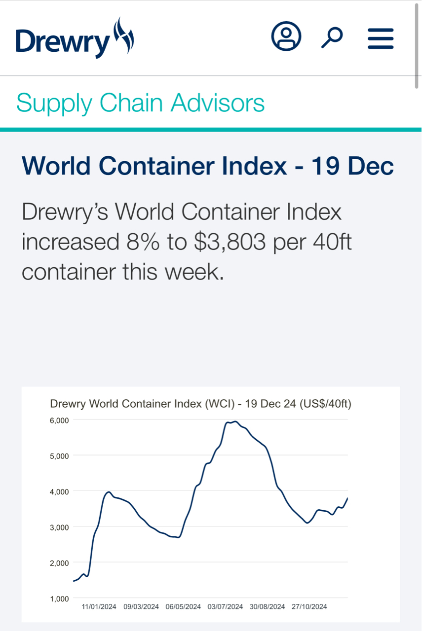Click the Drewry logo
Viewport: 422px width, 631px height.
click(x=75, y=38)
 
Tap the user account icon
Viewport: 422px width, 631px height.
click(x=286, y=36)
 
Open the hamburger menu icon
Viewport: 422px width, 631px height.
click(x=381, y=38)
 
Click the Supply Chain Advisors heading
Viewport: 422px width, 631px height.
click(x=140, y=103)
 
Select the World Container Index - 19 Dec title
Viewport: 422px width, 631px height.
click(x=208, y=166)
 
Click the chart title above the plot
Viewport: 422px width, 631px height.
click(x=200, y=404)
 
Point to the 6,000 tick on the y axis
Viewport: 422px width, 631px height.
click(x=59, y=420)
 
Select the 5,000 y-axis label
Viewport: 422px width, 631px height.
click(x=59, y=456)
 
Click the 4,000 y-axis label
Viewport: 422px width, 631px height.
click(x=59, y=491)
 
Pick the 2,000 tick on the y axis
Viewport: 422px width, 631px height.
click(x=59, y=562)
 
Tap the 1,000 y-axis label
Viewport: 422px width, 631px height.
click(x=59, y=598)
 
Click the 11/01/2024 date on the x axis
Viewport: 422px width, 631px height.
click(x=99, y=607)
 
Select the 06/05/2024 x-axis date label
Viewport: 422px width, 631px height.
click(x=183, y=607)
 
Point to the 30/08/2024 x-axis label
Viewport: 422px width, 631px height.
click(x=268, y=607)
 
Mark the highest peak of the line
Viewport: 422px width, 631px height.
click(x=235, y=421)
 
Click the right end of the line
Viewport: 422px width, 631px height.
click(x=347, y=498)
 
